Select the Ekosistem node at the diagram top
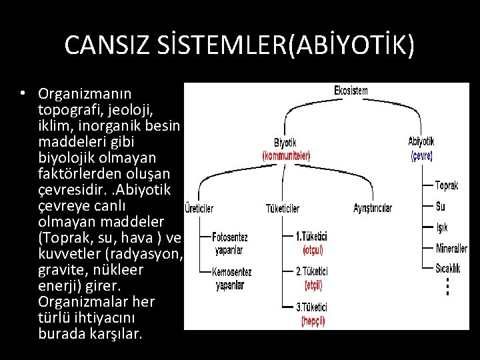(350, 90)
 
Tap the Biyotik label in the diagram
(286, 142)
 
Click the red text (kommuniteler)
(286, 155)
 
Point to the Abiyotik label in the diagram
(421, 141)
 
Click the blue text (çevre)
(421, 155)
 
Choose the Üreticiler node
(199, 208)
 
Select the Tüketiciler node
(282, 208)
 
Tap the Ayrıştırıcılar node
(373, 208)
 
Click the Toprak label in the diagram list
(447, 185)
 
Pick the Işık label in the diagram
(442, 228)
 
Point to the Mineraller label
(451, 249)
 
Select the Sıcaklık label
(448, 269)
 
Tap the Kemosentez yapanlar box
(231, 278)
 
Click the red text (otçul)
(313, 251)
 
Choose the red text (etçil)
(313, 285)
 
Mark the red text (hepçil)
(313, 319)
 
